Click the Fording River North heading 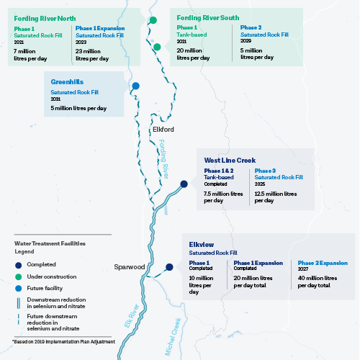click(x=45, y=19)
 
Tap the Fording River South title click(x=208, y=18)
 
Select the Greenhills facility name click(x=67, y=82)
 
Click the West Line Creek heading click(x=230, y=160)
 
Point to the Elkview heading click(x=202, y=245)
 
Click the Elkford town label click(x=163, y=130)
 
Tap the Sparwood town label click(x=130, y=267)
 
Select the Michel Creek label click(x=173, y=336)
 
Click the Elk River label click(x=132, y=316)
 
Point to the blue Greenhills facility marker click(x=135, y=86)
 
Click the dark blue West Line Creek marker click(x=184, y=184)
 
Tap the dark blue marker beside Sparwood click(x=169, y=267)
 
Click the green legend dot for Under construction click(x=19, y=276)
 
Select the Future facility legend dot click(x=19, y=288)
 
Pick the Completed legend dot click(x=19, y=265)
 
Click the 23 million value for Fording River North click(x=88, y=51)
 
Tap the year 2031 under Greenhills click(x=55, y=99)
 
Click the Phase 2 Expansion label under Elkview click(x=323, y=263)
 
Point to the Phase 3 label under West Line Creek click(x=265, y=171)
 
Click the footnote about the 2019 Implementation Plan click(x=64, y=341)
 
